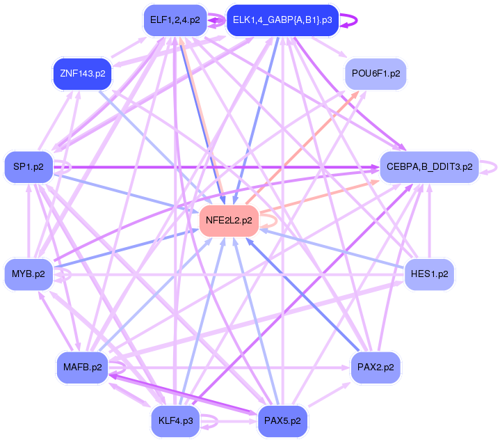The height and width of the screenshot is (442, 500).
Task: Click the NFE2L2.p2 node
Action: click(229, 220)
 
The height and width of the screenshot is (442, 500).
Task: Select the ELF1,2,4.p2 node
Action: click(175, 20)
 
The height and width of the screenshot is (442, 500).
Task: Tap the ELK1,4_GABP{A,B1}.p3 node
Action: click(282, 20)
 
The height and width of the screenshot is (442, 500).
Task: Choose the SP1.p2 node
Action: click(29, 167)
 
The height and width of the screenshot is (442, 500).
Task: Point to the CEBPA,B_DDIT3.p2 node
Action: click(429, 167)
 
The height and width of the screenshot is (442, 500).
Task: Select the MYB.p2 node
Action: click(29, 274)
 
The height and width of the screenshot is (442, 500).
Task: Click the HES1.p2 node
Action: click(429, 274)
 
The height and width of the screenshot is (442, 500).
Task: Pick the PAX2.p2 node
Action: click(376, 367)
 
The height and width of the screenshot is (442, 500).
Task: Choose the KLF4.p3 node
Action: click(175, 420)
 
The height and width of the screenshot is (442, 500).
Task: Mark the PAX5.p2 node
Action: click(282, 420)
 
